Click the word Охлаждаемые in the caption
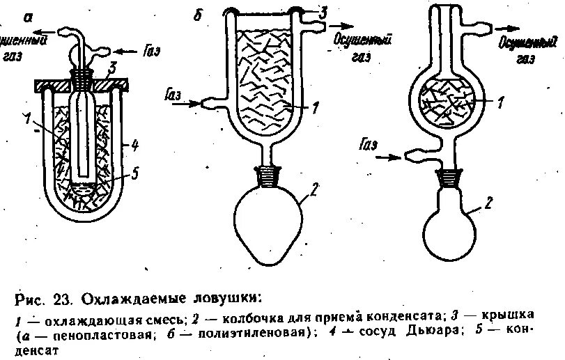pos(132,301)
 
